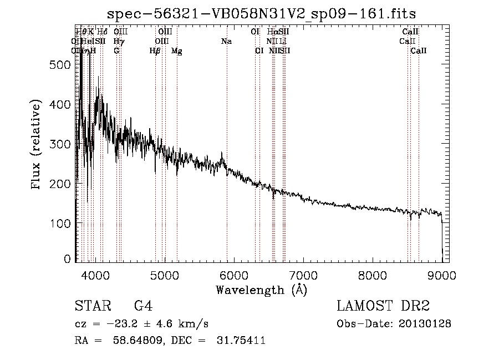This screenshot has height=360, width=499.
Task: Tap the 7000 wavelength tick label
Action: (x=303, y=275)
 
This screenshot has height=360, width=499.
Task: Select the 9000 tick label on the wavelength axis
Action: (x=442, y=275)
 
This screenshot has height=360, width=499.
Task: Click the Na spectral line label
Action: (x=226, y=42)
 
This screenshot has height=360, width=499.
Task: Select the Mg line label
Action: (x=176, y=51)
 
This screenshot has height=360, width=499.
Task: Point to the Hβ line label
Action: (x=155, y=51)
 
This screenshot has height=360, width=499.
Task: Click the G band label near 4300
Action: (x=116, y=51)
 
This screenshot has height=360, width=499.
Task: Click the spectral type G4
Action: (x=143, y=306)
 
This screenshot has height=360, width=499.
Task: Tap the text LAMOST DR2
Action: (x=383, y=306)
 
